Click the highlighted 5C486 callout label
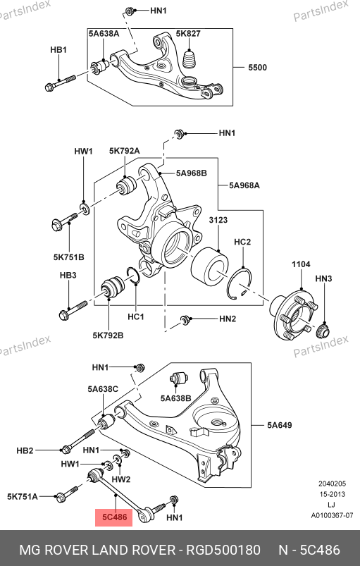point(114,517)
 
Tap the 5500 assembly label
point(258,67)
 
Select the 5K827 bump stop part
point(190,59)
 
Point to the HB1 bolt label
point(58,49)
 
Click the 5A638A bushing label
point(104,33)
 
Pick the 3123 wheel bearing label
point(218,220)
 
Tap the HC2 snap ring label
point(242,242)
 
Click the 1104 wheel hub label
point(301,264)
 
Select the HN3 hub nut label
point(323,278)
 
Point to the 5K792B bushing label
point(108,336)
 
